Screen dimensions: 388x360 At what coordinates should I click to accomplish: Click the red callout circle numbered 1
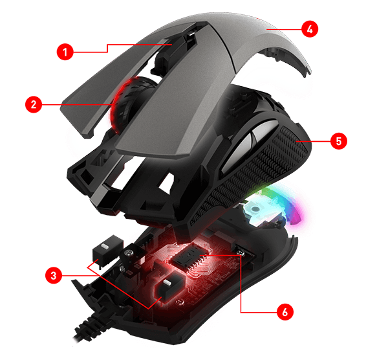tap(65, 52)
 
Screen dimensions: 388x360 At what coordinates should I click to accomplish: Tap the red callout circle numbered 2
tap(34, 104)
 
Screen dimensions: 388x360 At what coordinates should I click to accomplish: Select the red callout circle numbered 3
tap(54, 275)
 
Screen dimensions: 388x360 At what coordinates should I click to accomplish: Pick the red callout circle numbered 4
tap(310, 29)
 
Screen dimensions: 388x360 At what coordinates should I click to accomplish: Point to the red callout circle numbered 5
tap(338, 141)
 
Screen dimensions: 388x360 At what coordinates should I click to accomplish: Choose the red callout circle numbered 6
tap(285, 312)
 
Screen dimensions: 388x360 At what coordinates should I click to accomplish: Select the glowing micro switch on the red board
tap(169, 287)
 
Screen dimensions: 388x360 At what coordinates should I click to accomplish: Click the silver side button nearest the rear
tap(264, 131)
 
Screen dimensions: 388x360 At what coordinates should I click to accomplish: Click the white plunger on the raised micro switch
tap(105, 247)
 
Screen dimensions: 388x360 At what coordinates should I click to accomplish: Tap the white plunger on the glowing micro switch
tap(167, 282)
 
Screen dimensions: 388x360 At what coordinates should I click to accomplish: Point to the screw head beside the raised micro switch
tap(128, 253)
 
